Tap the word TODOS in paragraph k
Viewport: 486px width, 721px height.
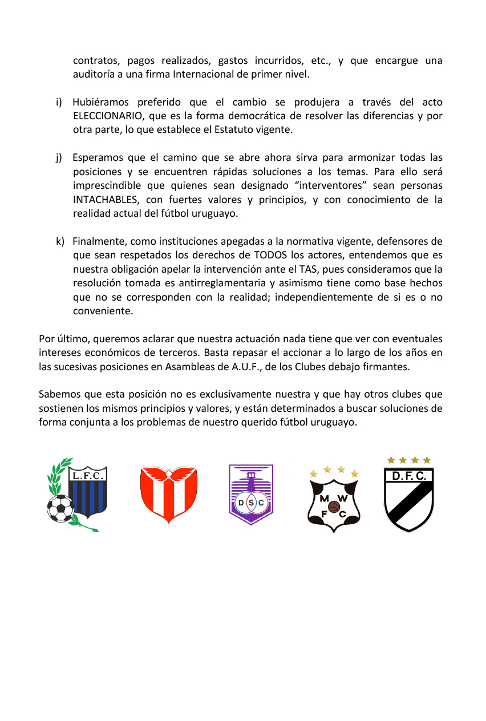click(270, 255)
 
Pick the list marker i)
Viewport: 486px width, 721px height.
click(59, 102)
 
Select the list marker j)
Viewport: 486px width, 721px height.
click(59, 157)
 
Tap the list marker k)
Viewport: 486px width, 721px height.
click(60, 241)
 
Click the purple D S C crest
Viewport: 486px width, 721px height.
click(251, 495)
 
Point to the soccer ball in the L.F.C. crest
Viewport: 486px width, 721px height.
click(60, 508)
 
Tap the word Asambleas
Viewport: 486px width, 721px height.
click(191, 366)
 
